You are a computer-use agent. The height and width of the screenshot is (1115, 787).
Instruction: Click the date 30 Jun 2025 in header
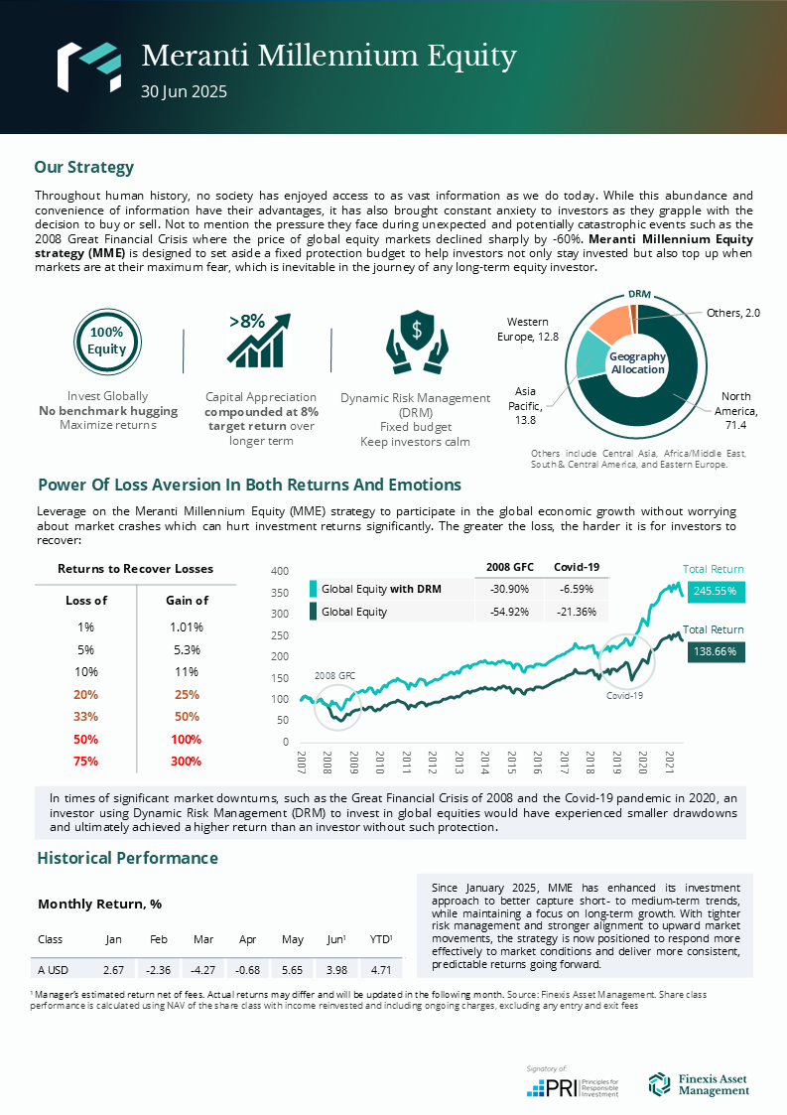pyautogui.click(x=185, y=91)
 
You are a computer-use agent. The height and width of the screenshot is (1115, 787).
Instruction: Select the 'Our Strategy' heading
pyautogui.click(x=83, y=167)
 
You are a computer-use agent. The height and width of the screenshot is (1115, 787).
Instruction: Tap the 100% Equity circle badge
pyautogui.click(x=106, y=341)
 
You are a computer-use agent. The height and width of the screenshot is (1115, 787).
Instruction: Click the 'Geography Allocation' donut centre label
pyautogui.click(x=637, y=362)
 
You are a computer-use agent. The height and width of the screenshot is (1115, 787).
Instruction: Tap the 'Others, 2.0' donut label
pyautogui.click(x=733, y=313)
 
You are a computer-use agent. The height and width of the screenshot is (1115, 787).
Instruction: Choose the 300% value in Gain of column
pyautogui.click(x=186, y=762)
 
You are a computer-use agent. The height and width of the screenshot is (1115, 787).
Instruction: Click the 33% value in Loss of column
pyautogui.click(x=85, y=717)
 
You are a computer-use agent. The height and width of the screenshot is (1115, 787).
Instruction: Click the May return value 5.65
pyautogui.click(x=292, y=969)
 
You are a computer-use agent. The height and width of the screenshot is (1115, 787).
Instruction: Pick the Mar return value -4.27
pyautogui.click(x=203, y=969)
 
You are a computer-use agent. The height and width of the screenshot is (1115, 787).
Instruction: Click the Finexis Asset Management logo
pyautogui.click(x=699, y=1084)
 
